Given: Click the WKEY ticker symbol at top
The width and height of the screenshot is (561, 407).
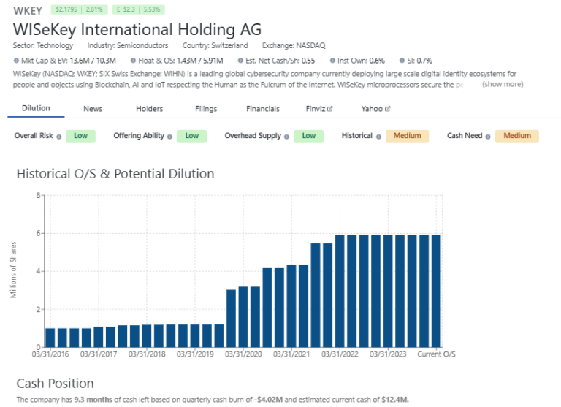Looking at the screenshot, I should pyautogui.click(x=28, y=10).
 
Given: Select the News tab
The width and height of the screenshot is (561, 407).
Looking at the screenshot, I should pyautogui.click(x=93, y=109).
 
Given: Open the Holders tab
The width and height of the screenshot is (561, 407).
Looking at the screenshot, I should pyautogui.click(x=149, y=109).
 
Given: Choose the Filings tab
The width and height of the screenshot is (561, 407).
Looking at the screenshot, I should pyautogui.click(x=206, y=109).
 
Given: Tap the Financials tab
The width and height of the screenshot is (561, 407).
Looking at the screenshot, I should pyautogui.click(x=262, y=109).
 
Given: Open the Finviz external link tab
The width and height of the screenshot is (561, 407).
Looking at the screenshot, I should pyautogui.click(x=319, y=109).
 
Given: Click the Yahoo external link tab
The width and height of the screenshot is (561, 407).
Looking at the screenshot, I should pyautogui.click(x=375, y=109).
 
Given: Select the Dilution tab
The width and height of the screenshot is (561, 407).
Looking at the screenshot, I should pyautogui.click(x=36, y=109).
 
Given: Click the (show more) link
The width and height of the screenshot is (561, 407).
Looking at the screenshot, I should pyautogui.click(x=503, y=84).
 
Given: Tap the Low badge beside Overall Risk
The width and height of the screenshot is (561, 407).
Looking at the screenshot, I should pyautogui.click(x=80, y=136).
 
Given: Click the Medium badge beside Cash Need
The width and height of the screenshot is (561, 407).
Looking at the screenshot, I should pyautogui.click(x=516, y=136).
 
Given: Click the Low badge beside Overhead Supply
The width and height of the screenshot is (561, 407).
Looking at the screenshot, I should pyautogui.click(x=308, y=136).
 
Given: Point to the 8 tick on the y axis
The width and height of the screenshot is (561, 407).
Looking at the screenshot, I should pyautogui.click(x=37, y=195).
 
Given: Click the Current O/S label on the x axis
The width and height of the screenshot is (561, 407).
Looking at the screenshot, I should pyautogui.click(x=436, y=355).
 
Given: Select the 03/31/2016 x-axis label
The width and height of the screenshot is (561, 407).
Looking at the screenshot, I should pyautogui.click(x=50, y=355).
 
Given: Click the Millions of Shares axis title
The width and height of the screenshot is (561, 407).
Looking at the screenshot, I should pyautogui.click(x=14, y=271).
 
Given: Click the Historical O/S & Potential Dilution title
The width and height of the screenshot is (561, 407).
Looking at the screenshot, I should pyautogui.click(x=115, y=174).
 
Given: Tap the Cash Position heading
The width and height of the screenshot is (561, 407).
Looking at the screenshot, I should pyautogui.click(x=55, y=383).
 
